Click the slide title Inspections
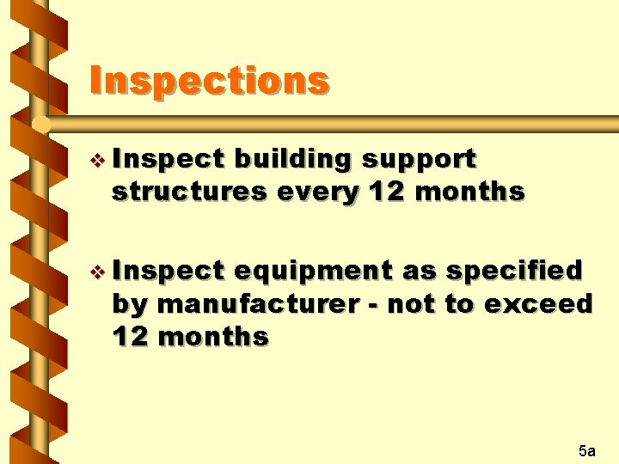click(x=209, y=81)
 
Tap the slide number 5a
click(x=588, y=449)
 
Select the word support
click(x=419, y=160)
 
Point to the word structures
click(x=189, y=192)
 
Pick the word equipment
click(x=313, y=272)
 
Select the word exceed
click(x=539, y=304)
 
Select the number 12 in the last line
click(x=129, y=336)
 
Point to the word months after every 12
click(x=469, y=192)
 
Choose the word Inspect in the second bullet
click(x=168, y=272)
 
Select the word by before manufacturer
click(x=131, y=304)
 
